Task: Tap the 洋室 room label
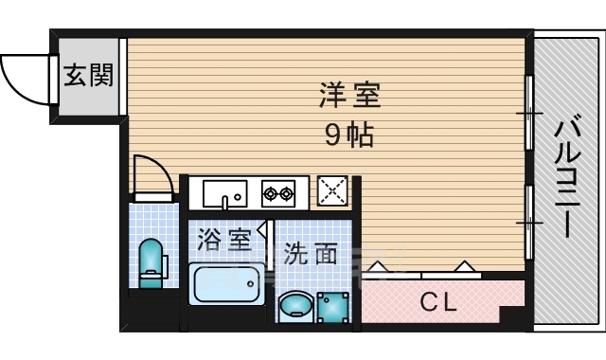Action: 349,96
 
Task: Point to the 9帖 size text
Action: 349,135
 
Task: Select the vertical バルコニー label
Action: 568,176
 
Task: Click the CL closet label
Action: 438,303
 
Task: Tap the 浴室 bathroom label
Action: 224,241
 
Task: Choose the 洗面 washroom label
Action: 310,254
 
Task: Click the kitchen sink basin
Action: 224,193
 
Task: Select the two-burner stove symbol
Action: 278,193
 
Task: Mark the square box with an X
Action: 333,192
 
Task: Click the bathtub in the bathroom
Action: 226,284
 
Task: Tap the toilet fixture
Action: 150,262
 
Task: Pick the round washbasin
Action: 294,307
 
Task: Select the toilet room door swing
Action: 151,175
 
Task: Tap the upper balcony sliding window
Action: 530,113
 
